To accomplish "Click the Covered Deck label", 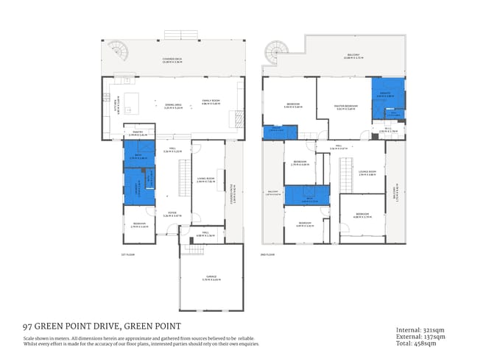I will pos(173,59).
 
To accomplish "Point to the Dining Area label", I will pos(173,106).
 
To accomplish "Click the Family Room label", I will pos(211,103).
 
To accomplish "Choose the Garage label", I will pos(211,277).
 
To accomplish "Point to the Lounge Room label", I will pos(367,174).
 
